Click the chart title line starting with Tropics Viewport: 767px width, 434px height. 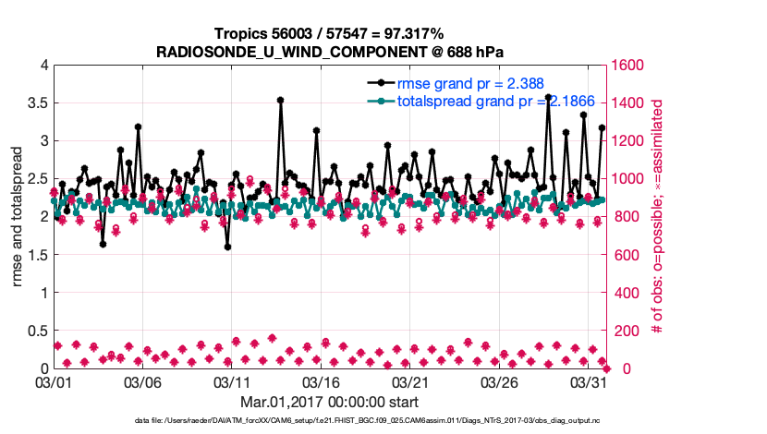(330, 33)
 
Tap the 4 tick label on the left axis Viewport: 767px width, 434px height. (43, 66)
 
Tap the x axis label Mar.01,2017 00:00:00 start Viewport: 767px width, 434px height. (330, 402)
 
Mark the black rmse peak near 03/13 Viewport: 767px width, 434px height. (280, 100)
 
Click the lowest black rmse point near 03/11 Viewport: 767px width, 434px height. (227, 247)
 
